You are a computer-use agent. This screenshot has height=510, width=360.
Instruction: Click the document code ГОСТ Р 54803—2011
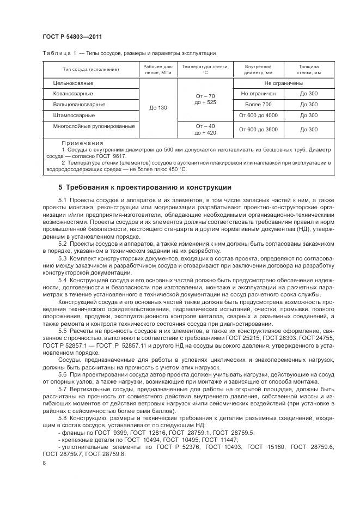pos(72,37)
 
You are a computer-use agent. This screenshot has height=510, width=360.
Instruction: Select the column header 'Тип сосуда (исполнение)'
pos(90,70)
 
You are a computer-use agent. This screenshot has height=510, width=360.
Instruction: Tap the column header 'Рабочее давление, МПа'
pos(158,69)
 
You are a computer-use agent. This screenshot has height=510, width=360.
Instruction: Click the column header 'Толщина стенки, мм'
pos(309,69)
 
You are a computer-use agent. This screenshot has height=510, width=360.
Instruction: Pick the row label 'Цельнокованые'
pos(73,83)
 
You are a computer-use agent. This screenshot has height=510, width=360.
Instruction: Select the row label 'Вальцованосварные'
pos(79,105)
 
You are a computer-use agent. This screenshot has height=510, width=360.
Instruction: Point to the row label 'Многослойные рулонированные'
pos(94,126)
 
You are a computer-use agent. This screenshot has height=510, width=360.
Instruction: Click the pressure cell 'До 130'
pos(158,108)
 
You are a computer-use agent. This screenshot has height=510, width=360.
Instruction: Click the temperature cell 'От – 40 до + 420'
pos(205,129)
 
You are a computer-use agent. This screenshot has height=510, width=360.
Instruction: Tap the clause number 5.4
pos(62,280)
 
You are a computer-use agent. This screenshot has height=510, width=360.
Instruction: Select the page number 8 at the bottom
pos(44,462)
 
